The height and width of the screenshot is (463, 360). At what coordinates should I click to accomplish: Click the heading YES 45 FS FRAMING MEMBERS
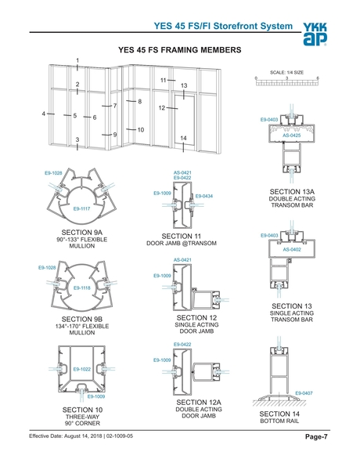(x=178, y=49)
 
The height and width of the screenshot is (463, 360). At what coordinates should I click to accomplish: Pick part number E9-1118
(x=82, y=288)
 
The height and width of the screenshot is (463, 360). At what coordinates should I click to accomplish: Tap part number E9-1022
(x=82, y=369)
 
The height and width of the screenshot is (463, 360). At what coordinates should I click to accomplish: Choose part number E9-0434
(x=204, y=196)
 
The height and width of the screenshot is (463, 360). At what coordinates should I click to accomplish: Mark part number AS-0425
(x=291, y=136)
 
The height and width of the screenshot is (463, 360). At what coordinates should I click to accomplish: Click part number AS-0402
(x=291, y=249)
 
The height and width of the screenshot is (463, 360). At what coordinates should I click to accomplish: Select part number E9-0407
(x=304, y=392)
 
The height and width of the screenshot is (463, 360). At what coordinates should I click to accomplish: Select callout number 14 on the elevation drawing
(x=183, y=138)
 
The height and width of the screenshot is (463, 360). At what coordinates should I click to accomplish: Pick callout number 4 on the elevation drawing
(x=43, y=114)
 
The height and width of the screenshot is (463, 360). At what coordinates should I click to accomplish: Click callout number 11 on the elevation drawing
(x=164, y=80)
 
